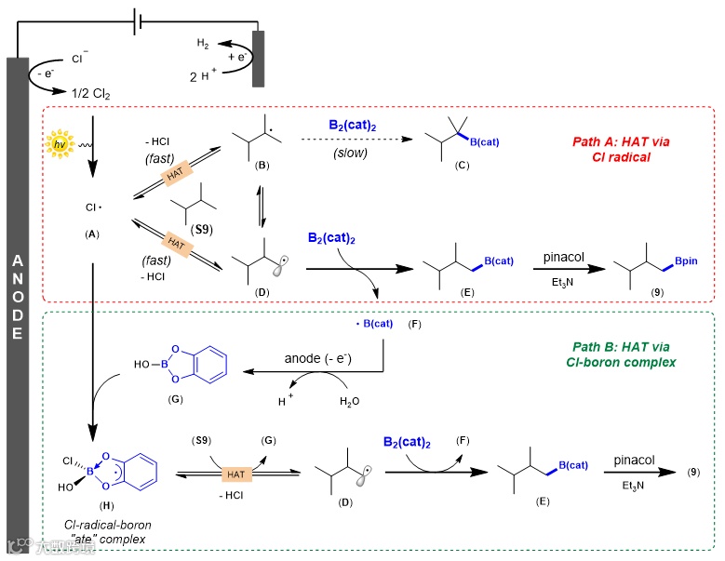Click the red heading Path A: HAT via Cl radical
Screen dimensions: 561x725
621,149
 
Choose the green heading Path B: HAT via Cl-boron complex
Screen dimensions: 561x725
621,354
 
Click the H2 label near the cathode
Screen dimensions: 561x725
203,44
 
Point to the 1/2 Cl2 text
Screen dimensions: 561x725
91,92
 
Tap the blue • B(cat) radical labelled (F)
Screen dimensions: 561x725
374,324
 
